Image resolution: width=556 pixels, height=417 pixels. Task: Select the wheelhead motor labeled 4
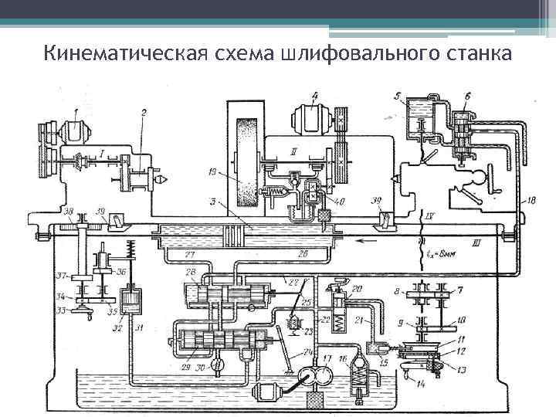pyautogui.click(x=310, y=121)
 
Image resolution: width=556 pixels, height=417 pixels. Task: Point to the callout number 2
pyautogui.click(x=144, y=113)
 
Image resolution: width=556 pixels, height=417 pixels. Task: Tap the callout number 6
pyautogui.click(x=468, y=96)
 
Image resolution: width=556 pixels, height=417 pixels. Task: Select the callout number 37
pyautogui.click(x=59, y=276)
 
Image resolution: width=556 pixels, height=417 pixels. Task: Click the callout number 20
pyautogui.click(x=357, y=289)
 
